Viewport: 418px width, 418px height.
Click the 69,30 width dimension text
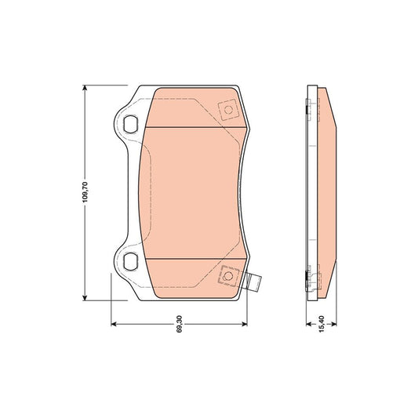pyautogui.click(x=180, y=323)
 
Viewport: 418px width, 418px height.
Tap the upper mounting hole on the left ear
pyautogui.click(x=131, y=122)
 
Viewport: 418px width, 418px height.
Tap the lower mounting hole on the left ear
pyautogui.click(x=131, y=261)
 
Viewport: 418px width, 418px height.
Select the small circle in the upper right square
pyautogui.click(x=229, y=111)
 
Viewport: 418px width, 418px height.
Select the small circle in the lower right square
pyautogui.click(x=229, y=274)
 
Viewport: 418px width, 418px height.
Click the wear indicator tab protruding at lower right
pyautogui.click(x=253, y=283)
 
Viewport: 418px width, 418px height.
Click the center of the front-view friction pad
pyautogui.click(x=192, y=192)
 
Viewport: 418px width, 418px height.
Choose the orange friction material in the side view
pyautogui.click(x=328, y=192)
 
